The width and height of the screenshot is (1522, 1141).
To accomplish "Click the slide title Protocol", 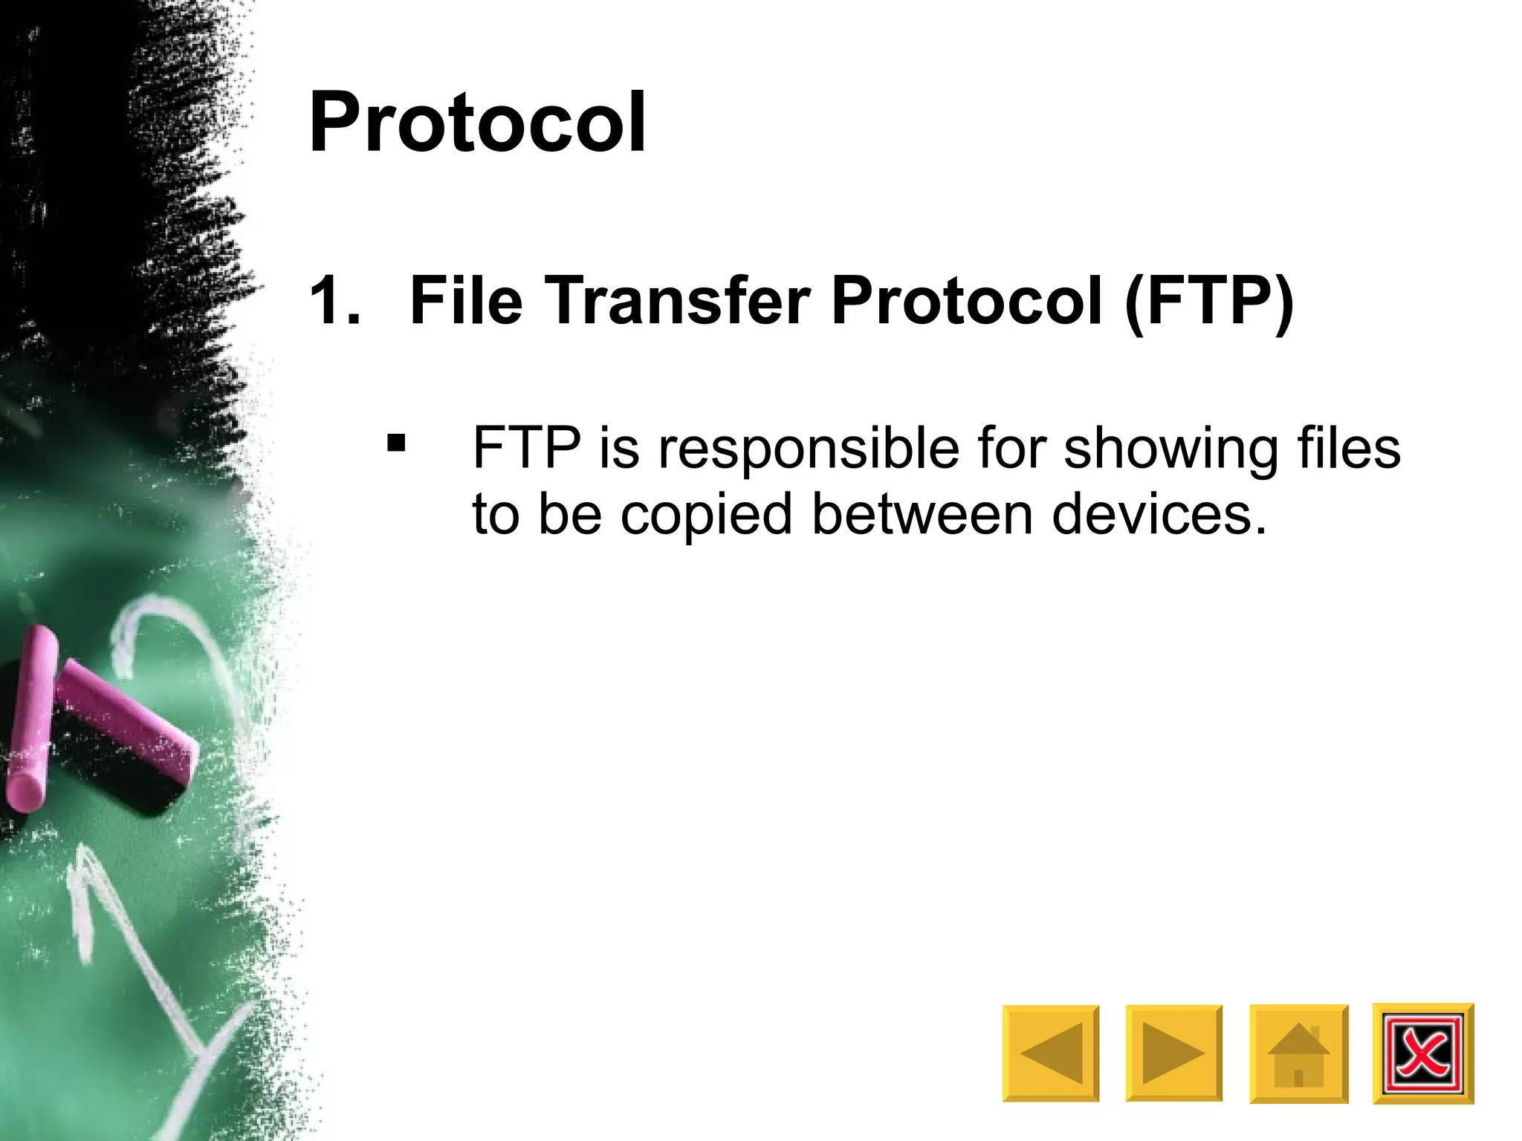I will pyautogui.click(x=477, y=123).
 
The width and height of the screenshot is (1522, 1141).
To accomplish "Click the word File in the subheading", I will pyautogui.click(x=466, y=301).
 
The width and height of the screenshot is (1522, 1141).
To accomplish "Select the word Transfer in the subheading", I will pyautogui.click(x=677, y=301).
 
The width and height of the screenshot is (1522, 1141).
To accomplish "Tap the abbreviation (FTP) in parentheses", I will pyautogui.click(x=1209, y=301).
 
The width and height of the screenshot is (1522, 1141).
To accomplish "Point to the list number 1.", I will pyautogui.click(x=334, y=301).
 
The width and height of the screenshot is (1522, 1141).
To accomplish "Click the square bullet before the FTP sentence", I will pyautogui.click(x=396, y=443).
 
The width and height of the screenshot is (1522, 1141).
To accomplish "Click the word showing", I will pyautogui.click(x=1170, y=449).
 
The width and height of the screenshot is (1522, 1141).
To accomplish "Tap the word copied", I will pyautogui.click(x=706, y=515).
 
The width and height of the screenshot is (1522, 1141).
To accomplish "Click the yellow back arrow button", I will pyautogui.click(x=1050, y=1053).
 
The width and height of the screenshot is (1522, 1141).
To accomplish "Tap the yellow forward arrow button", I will pyautogui.click(x=1173, y=1053).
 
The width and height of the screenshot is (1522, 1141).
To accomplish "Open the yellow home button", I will pyautogui.click(x=1298, y=1053).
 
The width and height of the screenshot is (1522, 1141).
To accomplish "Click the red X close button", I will pyautogui.click(x=1422, y=1053).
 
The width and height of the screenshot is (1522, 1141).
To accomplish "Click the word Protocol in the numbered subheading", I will pyautogui.click(x=967, y=301).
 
